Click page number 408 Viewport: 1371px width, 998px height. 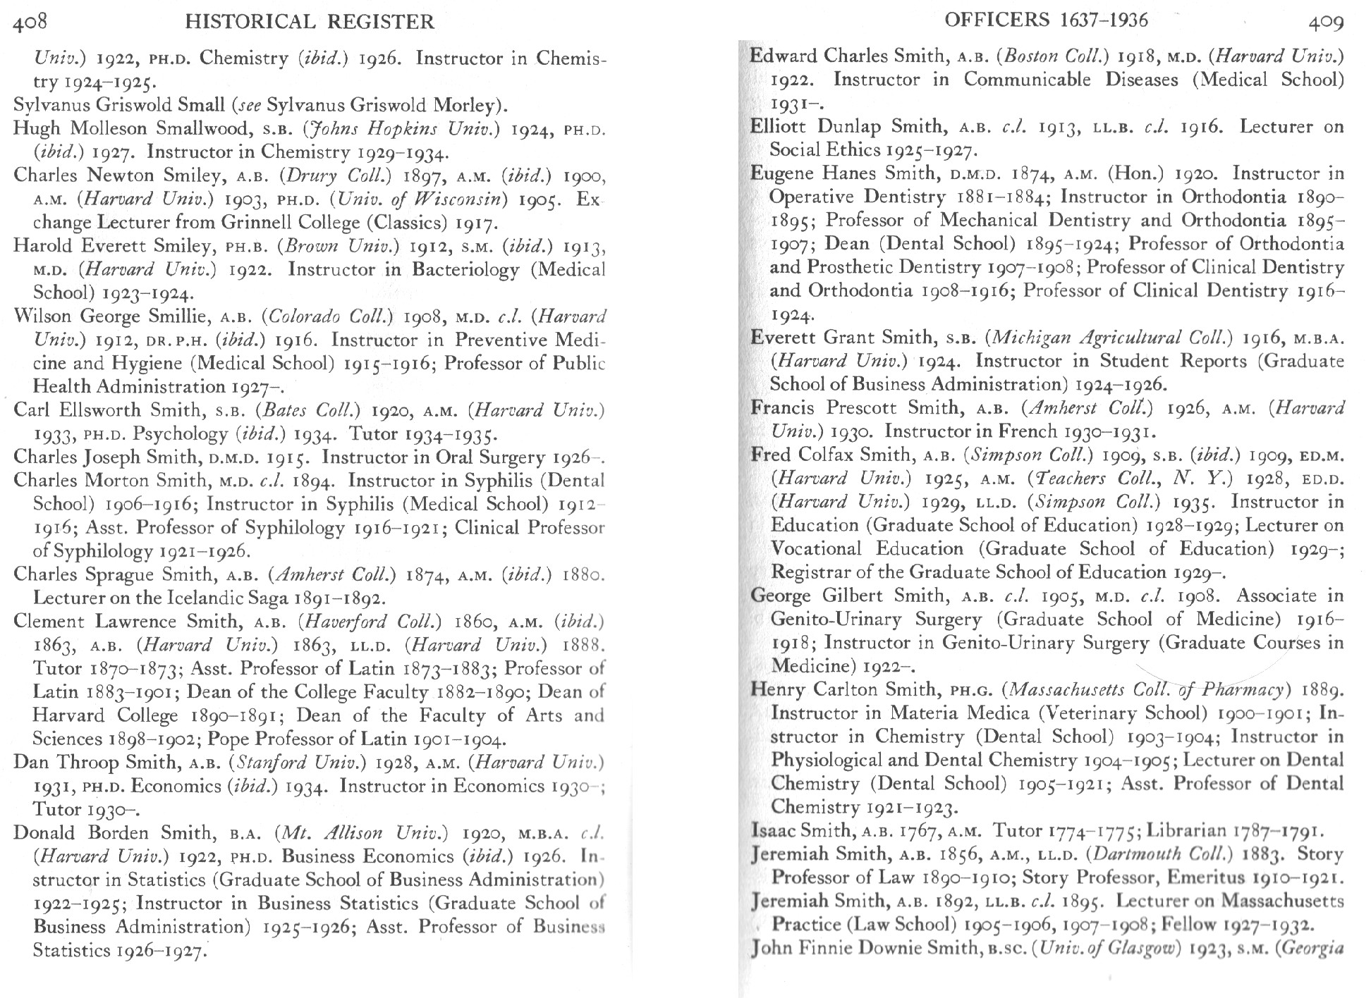30,21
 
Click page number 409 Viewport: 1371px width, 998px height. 1326,22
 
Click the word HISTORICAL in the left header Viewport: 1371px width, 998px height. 249,22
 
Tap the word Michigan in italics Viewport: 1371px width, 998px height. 1032,337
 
